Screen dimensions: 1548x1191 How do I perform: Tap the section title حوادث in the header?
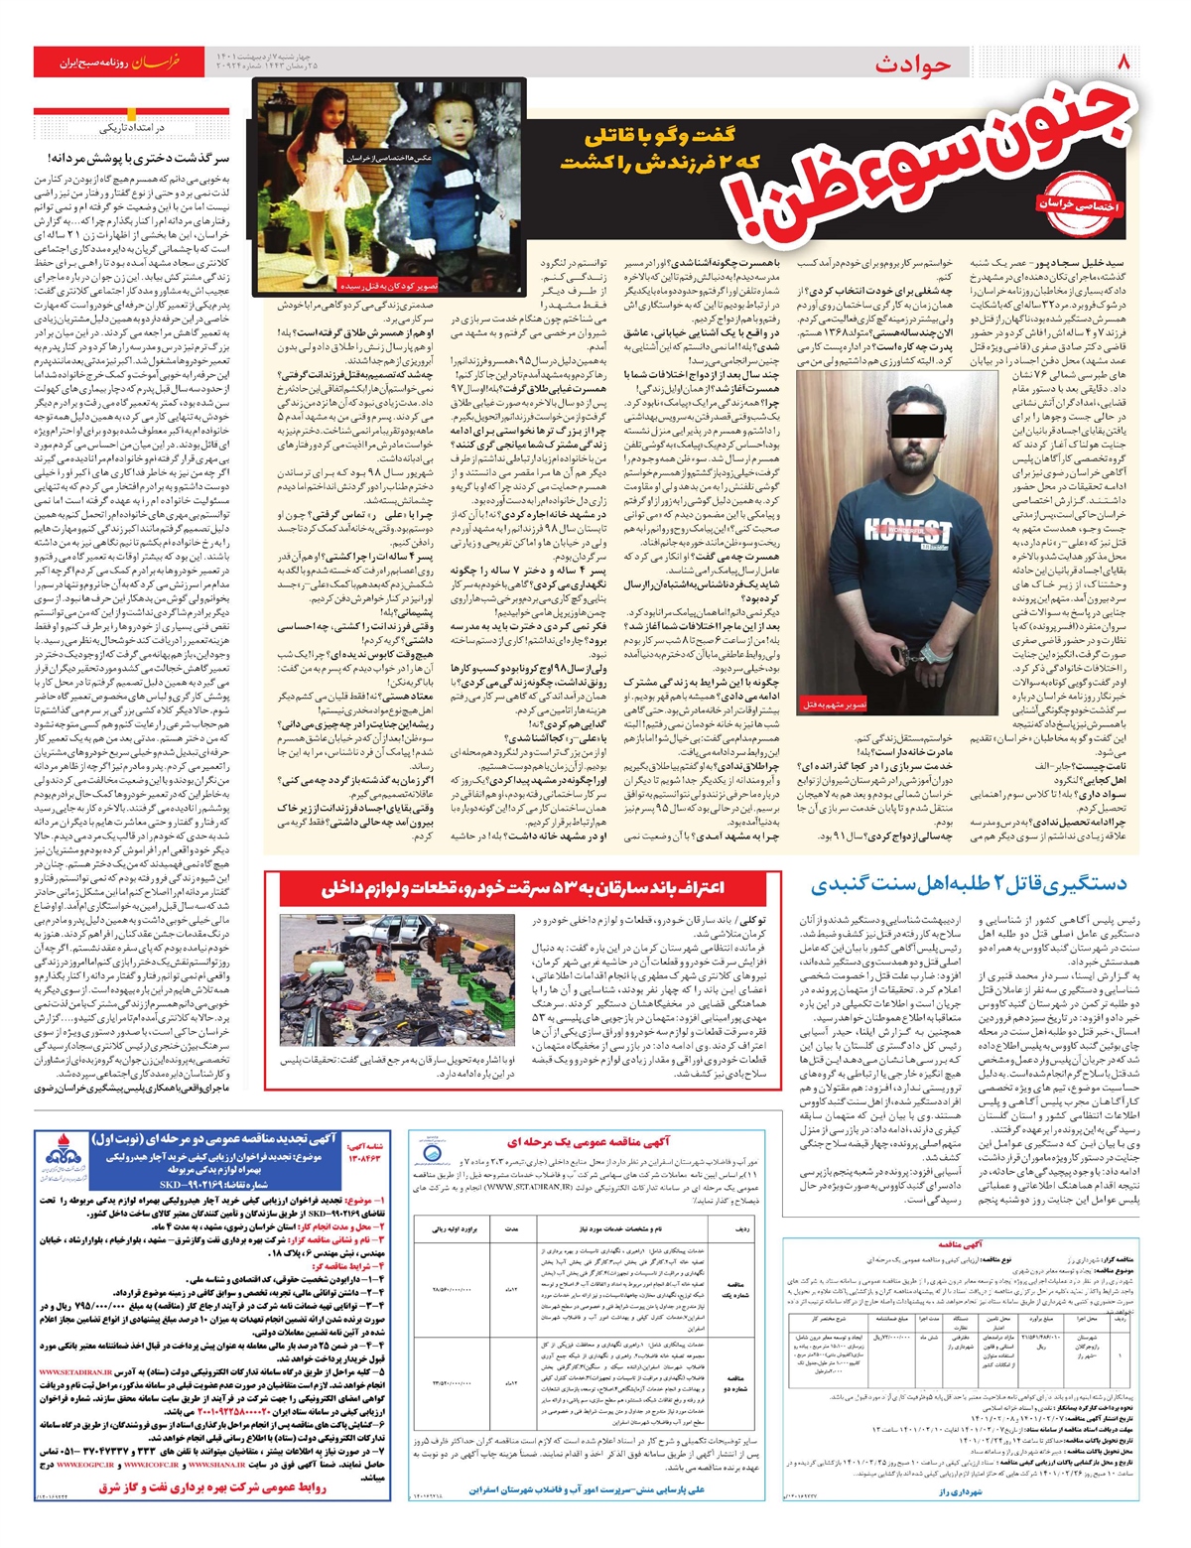[912, 64]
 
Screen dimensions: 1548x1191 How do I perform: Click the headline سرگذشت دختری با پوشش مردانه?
[138, 158]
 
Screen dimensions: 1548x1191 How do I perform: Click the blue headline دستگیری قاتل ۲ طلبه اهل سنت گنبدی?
[970, 884]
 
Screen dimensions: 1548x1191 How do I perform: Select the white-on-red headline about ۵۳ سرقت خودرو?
[523, 887]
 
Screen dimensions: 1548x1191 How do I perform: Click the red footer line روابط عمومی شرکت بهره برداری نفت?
[198, 1486]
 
